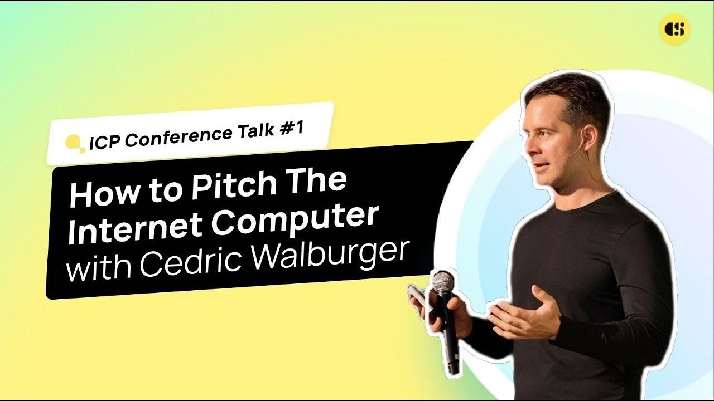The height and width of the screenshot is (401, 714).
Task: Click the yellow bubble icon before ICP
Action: [74, 144]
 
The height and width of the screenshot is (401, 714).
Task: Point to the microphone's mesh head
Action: [443, 282]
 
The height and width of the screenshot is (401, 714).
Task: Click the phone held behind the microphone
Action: [419, 298]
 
